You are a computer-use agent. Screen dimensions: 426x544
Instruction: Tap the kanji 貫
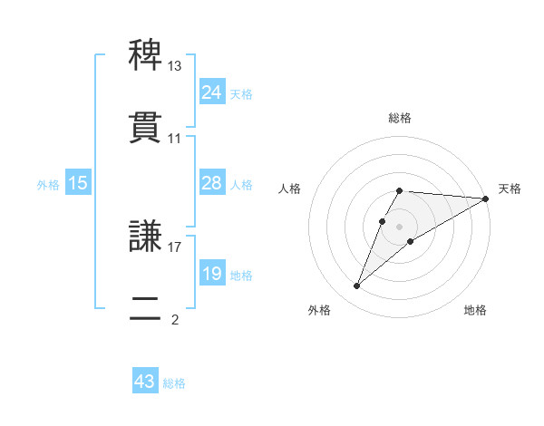[x=147, y=128]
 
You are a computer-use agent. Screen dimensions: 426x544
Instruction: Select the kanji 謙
[x=147, y=237]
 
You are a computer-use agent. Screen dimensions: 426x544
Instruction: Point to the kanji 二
[x=147, y=308]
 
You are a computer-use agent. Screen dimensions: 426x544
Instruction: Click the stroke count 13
[x=175, y=66]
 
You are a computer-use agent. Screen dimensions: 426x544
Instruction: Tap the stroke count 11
[x=175, y=139]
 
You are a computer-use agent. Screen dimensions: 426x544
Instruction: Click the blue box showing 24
[x=211, y=92]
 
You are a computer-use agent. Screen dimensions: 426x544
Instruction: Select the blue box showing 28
[x=211, y=183]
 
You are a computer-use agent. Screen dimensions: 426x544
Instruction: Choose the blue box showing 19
[x=211, y=273]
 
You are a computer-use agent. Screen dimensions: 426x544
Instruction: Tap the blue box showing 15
[x=78, y=183]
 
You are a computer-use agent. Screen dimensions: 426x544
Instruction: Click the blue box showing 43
[x=145, y=382]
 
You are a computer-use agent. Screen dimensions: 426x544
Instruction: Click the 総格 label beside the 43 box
[x=174, y=383]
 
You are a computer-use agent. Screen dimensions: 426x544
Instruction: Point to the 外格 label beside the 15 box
[x=48, y=184]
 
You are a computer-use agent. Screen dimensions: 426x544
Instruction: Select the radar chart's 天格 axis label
[x=510, y=189]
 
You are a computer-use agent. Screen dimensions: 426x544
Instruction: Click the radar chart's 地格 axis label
[x=475, y=310]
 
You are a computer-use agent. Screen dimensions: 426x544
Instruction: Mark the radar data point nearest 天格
[x=486, y=198]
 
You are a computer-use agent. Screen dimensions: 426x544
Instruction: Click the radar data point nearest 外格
[x=356, y=286]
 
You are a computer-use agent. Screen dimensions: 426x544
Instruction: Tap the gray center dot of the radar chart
[x=400, y=226]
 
